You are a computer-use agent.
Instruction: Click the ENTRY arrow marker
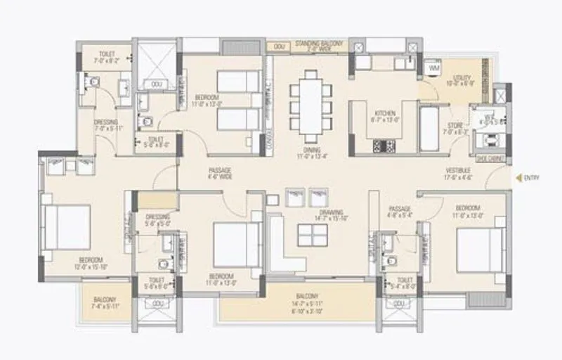coord(518,178)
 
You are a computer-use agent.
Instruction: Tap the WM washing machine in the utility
coord(433,68)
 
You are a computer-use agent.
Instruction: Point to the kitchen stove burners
coord(384,146)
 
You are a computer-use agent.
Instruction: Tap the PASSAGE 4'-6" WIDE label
coord(220,174)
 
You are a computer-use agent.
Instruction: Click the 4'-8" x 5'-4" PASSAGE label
coord(400,212)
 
